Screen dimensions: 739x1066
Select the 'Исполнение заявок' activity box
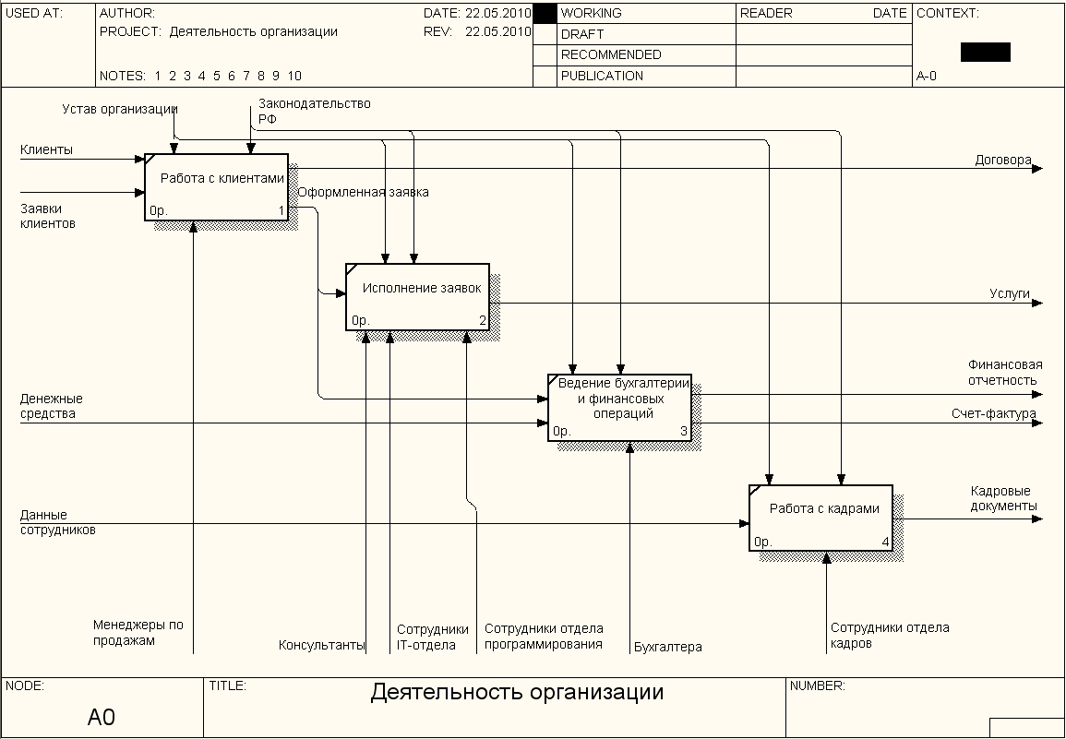pos(418,297)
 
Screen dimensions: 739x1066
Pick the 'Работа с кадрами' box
pos(820,518)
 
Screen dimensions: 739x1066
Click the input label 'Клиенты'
pos(46,149)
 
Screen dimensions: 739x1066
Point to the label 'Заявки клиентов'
pos(48,216)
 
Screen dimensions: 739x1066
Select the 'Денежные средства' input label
pos(52,406)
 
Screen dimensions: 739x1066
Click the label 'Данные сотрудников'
pos(57,522)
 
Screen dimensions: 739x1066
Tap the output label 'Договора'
pos(1003,160)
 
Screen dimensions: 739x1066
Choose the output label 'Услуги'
pos(1010,293)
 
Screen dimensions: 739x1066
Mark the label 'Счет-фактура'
pos(994,414)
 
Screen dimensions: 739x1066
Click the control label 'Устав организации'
pos(120,109)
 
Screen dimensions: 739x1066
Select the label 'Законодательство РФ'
pos(314,111)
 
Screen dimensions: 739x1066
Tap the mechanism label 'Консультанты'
pos(322,645)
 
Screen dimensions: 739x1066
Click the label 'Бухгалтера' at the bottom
pos(668,647)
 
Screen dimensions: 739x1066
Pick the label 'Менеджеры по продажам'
pos(138,632)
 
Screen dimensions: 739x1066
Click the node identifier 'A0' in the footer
pos(102,717)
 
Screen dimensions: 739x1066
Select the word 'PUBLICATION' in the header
pos(602,76)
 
